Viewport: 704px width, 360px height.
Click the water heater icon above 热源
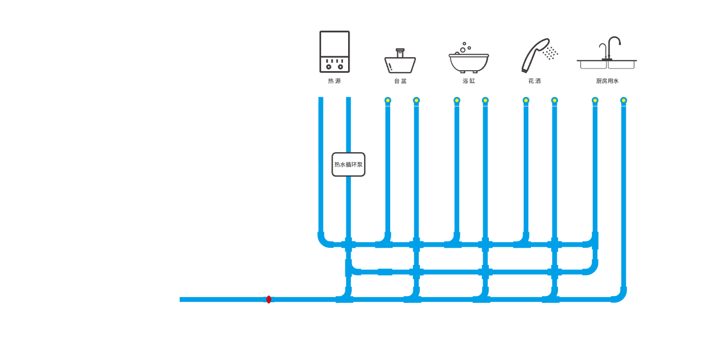335,52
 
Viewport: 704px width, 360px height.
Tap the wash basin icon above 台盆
400,61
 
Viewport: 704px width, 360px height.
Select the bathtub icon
469,58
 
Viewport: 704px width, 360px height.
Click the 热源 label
335,81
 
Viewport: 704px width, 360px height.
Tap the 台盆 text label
401,81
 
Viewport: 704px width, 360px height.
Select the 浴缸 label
469,81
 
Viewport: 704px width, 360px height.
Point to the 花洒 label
535,81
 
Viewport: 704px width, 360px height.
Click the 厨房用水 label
607,81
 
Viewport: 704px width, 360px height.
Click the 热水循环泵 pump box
348,164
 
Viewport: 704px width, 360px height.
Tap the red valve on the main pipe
269,299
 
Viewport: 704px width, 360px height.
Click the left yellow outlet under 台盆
388,101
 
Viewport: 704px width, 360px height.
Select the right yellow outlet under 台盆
417,101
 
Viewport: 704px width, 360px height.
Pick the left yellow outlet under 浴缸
457,101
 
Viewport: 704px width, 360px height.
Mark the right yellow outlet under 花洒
555,101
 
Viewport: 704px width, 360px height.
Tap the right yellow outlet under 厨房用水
624,101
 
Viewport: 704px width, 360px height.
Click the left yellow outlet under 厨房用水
595,101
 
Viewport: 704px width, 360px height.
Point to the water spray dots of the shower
551,53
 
